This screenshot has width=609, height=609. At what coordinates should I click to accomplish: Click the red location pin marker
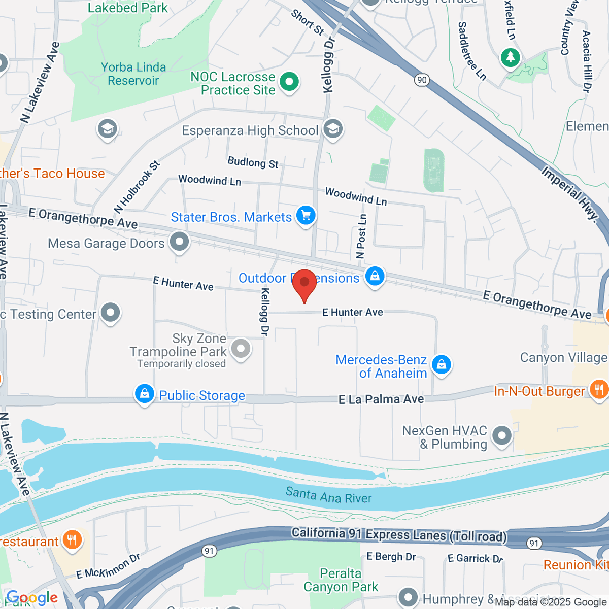pyautogui.click(x=304, y=284)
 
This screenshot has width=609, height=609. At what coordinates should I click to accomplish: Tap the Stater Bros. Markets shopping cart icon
pyautogui.click(x=306, y=216)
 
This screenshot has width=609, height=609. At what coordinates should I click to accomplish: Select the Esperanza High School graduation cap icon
pyautogui.click(x=333, y=129)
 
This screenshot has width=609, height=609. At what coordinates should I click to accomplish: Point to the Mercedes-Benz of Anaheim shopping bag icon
pyautogui.click(x=441, y=365)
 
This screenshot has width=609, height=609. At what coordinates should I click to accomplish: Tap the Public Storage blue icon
pyautogui.click(x=145, y=394)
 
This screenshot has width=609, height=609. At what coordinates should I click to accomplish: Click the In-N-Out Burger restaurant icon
pyautogui.click(x=599, y=390)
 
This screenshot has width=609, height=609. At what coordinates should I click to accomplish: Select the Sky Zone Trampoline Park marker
pyautogui.click(x=241, y=349)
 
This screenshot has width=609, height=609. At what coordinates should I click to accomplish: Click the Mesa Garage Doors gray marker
pyautogui.click(x=179, y=242)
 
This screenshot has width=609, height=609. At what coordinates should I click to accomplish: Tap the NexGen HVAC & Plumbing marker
pyautogui.click(x=502, y=436)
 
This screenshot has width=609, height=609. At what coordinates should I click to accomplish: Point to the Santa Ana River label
pyautogui.click(x=328, y=495)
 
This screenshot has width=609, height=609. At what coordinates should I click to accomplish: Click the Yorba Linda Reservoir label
pyautogui.click(x=133, y=74)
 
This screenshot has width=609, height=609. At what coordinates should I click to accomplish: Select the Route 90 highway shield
pyautogui.click(x=421, y=80)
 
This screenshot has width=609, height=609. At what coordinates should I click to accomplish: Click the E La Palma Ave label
pyautogui.click(x=381, y=399)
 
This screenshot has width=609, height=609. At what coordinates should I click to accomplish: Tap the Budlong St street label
pyautogui.click(x=253, y=162)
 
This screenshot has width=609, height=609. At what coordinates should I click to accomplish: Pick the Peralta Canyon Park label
pyautogui.click(x=341, y=580)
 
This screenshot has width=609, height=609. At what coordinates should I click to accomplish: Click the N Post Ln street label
pyautogui.click(x=361, y=236)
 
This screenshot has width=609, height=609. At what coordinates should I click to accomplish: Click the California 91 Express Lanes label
pyautogui.click(x=399, y=535)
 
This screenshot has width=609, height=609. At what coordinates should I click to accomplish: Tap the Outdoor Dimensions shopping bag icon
pyautogui.click(x=375, y=277)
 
